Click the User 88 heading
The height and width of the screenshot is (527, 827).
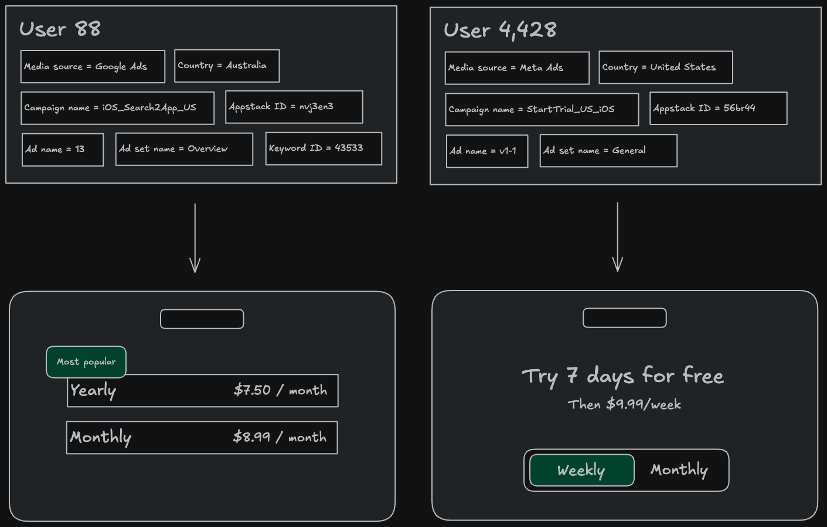[x=60, y=29]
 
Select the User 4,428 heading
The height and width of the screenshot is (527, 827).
[x=500, y=30]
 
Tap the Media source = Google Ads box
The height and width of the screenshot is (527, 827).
[x=93, y=66]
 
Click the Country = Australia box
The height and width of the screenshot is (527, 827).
[x=227, y=66]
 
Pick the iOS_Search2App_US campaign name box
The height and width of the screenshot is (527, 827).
[x=117, y=108]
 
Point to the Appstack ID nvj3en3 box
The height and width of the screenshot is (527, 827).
[x=294, y=107]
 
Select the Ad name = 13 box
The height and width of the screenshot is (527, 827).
[x=62, y=150]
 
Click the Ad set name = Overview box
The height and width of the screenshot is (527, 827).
[x=184, y=149]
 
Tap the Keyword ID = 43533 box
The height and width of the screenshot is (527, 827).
[x=324, y=148]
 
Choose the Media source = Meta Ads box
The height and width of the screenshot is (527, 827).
[x=517, y=68]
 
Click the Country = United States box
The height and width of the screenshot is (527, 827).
[x=666, y=67]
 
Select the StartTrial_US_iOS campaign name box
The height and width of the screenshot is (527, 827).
[x=542, y=109]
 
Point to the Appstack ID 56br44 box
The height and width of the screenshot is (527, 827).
[x=718, y=109]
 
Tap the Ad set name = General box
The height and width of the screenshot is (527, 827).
[x=608, y=151]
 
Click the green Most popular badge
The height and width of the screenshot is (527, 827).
[x=86, y=362]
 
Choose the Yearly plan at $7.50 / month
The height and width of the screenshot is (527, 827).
[x=203, y=391]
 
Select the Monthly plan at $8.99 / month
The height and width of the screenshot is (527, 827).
[x=202, y=438]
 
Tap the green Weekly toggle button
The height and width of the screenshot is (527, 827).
[x=582, y=470]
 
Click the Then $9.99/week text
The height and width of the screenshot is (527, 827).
[x=624, y=404]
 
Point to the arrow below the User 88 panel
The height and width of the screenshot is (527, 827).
[x=195, y=238]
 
